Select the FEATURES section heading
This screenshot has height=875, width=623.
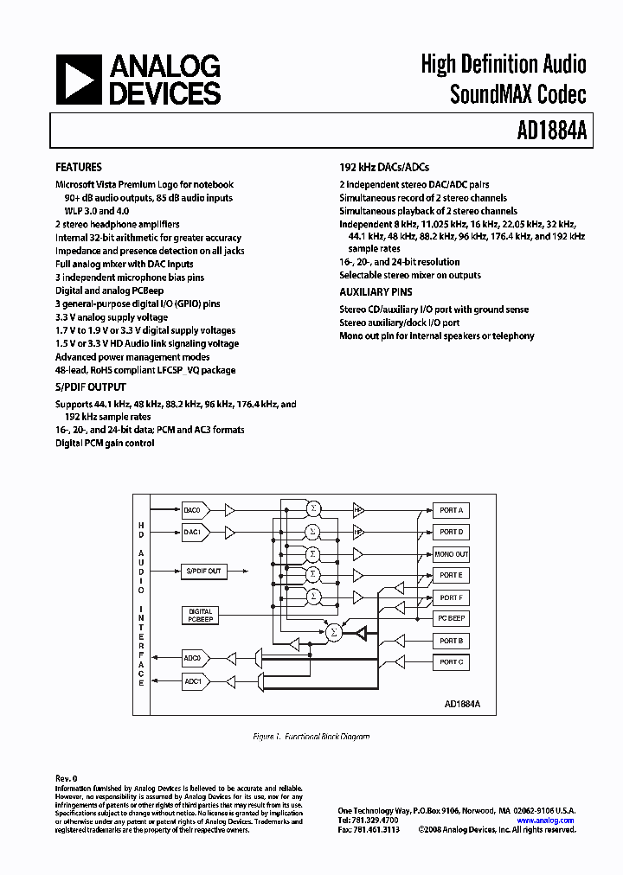click(x=79, y=167)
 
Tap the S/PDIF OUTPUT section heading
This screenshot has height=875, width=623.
click(x=91, y=387)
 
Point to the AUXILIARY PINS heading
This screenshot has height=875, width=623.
click(x=376, y=292)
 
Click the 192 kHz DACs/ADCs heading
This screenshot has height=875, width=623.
click(x=384, y=167)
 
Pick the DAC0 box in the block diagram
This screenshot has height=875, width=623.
click(x=192, y=510)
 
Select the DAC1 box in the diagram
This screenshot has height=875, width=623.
click(x=192, y=533)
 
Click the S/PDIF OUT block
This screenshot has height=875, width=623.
click(x=203, y=572)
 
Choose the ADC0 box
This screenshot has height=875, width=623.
click(x=192, y=659)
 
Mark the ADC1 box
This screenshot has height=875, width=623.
click(x=192, y=681)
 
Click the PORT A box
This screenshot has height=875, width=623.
click(x=451, y=510)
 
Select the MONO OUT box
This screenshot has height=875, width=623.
click(x=451, y=554)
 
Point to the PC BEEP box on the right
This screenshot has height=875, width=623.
click(x=451, y=619)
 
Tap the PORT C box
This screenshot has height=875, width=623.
click(x=451, y=662)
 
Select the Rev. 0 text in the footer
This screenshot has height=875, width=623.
click(x=67, y=778)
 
